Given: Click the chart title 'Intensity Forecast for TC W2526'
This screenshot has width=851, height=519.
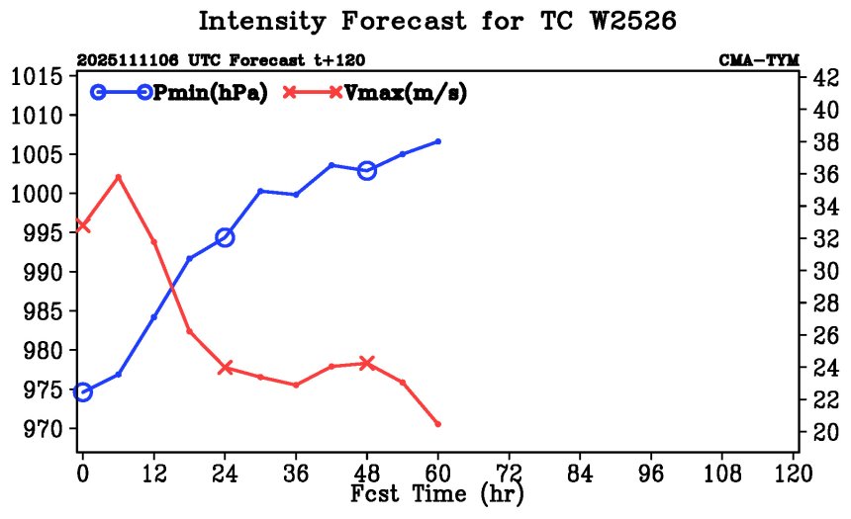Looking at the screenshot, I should click(x=436, y=22).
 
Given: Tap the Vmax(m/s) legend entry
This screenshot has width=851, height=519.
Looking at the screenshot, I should click(x=406, y=93).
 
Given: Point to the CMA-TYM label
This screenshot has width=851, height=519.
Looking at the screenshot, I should click(x=759, y=60).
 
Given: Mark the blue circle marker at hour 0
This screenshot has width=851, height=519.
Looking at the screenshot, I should click(x=83, y=392).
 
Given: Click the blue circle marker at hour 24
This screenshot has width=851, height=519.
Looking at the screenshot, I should click(x=225, y=237).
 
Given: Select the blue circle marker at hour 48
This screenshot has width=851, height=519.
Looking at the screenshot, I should click(x=367, y=170).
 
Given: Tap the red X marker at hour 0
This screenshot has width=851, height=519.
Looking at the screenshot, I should click(x=83, y=225).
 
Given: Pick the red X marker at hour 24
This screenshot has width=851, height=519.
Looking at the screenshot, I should click(x=225, y=368).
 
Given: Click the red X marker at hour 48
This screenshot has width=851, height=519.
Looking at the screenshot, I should click(x=367, y=363).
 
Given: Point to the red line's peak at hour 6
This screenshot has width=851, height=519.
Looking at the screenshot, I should click(x=119, y=177).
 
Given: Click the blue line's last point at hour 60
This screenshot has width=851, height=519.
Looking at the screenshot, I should click(x=438, y=141).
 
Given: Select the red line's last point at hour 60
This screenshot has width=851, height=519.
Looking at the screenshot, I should click(x=438, y=424).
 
